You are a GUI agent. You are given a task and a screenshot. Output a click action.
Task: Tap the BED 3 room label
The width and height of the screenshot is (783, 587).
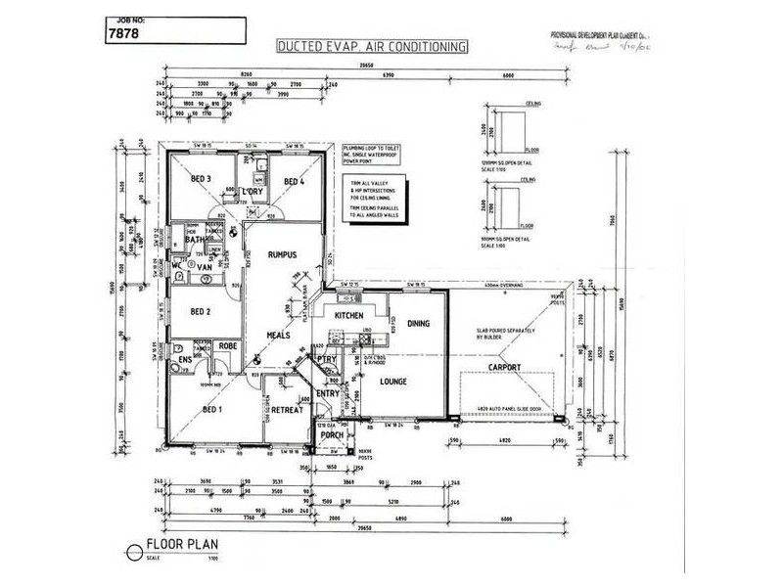tap(202, 179)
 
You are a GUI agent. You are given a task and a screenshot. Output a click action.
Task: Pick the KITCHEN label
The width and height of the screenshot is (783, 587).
tap(349, 318)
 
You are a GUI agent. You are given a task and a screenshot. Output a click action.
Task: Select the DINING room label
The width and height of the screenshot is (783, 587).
tap(418, 323)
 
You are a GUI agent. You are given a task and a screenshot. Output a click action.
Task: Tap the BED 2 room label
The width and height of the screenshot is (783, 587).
tap(201, 312)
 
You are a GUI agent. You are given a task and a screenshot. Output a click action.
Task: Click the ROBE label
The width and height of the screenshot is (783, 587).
tap(228, 345)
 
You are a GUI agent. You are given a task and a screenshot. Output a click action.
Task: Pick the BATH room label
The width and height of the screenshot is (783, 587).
tap(193, 239)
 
